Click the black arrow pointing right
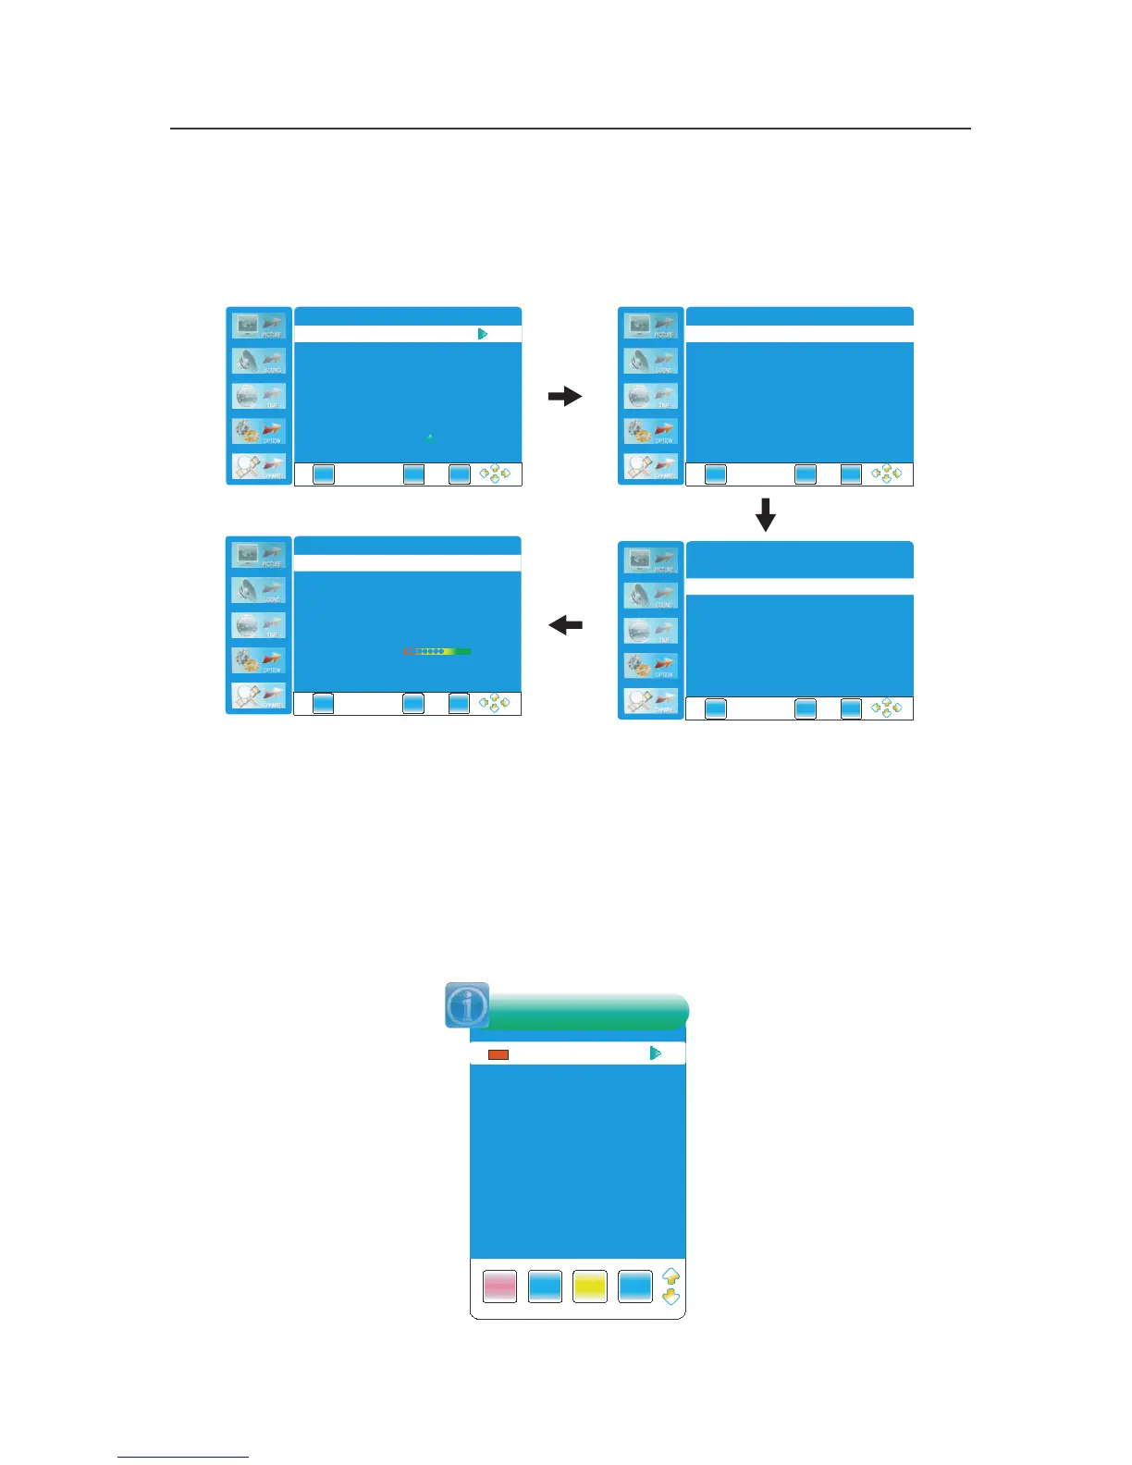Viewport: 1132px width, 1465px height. (x=564, y=397)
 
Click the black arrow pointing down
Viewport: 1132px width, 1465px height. (x=766, y=515)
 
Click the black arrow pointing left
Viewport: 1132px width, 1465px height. (x=565, y=626)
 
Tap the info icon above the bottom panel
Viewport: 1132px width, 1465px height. (x=467, y=1005)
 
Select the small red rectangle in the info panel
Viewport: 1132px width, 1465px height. (x=498, y=1054)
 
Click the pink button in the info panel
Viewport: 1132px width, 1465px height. (x=500, y=1286)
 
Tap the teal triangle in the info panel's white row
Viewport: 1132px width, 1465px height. (x=656, y=1053)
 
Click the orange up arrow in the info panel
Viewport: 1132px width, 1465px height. (x=671, y=1277)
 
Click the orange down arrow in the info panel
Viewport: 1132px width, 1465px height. (x=671, y=1297)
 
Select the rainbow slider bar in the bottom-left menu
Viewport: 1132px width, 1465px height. (x=437, y=652)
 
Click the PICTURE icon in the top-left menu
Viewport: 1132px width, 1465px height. (x=259, y=326)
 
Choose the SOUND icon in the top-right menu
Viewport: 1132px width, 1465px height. (x=651, y=362)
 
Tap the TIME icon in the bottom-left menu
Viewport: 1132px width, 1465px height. (x=259, y=626)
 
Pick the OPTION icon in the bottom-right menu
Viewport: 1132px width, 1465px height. (x=651, y=666)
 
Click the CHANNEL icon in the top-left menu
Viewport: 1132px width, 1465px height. (x=259, y=468)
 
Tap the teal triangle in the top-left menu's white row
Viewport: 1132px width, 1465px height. (x=483, y=334)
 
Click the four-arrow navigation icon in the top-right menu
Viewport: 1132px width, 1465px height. (x=886, y=474)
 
